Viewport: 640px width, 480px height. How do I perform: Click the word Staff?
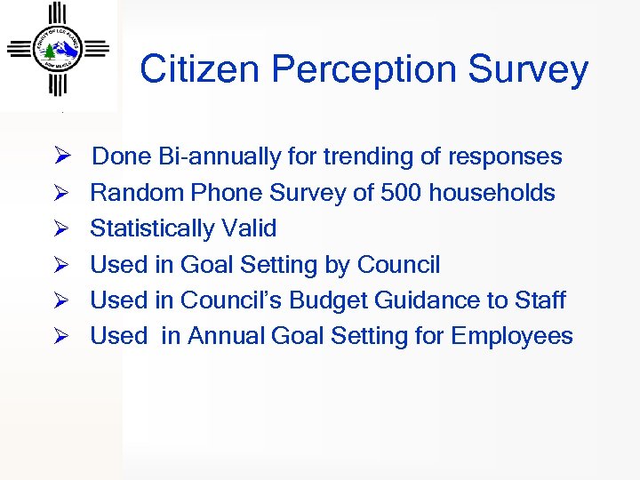pos(539,300)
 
